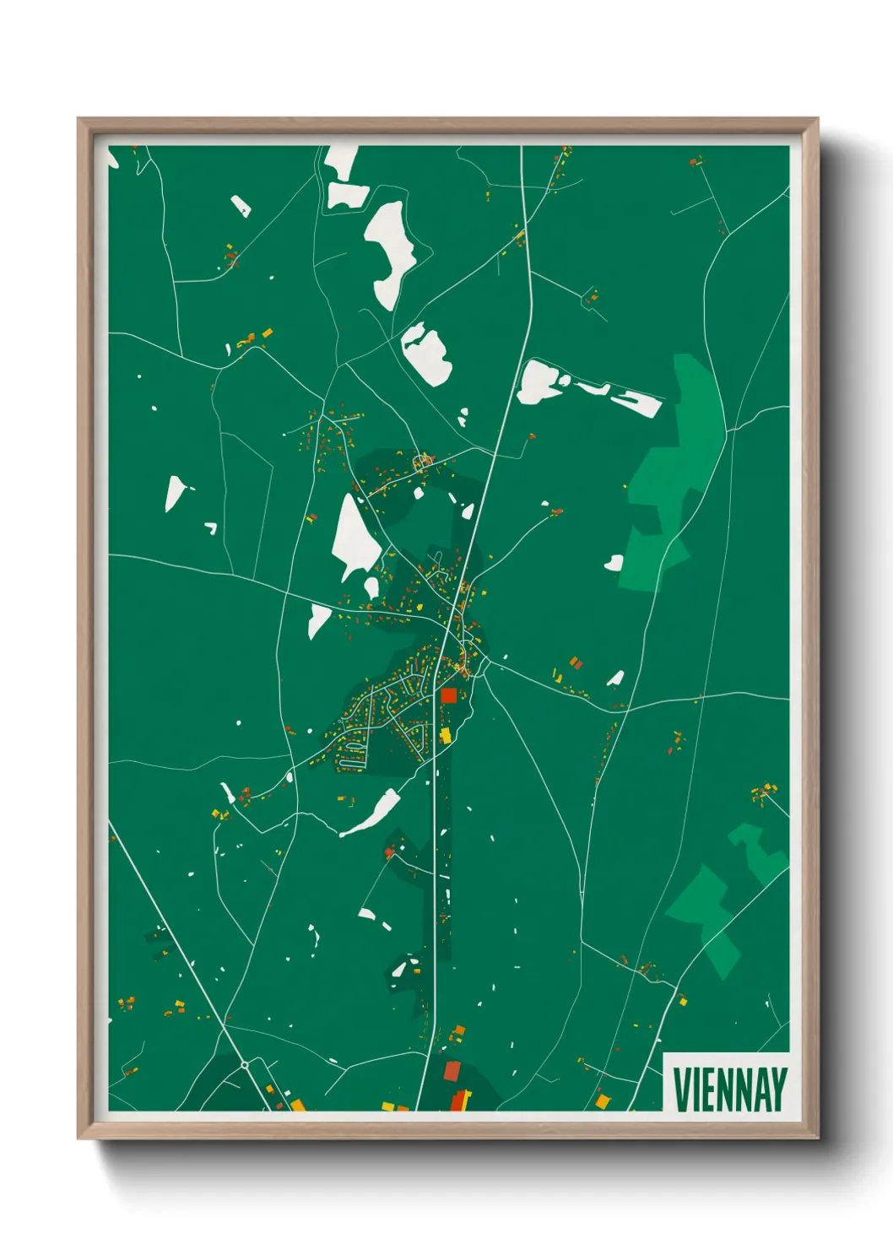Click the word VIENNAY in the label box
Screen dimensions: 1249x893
click(730, 1089)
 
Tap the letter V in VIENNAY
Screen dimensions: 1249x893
click(681, 1089)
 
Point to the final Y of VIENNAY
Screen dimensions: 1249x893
click(778, 1089)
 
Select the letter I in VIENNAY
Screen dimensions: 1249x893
click(696, 1089)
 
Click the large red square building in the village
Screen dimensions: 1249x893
click(448, 695)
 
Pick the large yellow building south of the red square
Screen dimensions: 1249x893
click(445, 736)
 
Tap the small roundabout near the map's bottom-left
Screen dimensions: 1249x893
click(245, 1065)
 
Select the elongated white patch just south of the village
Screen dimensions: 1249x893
click(372, 814)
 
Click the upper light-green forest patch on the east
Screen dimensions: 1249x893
click(675, 473)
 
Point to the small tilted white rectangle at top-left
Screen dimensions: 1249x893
click(241, 206)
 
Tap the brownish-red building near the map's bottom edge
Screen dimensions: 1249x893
click(452, 1071)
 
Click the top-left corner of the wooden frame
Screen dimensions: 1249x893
click(78, 119)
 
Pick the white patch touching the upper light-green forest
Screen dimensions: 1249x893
click(614, 563)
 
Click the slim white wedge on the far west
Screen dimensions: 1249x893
click(174, 493)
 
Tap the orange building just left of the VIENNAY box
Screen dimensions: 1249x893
click(602, 1100)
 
